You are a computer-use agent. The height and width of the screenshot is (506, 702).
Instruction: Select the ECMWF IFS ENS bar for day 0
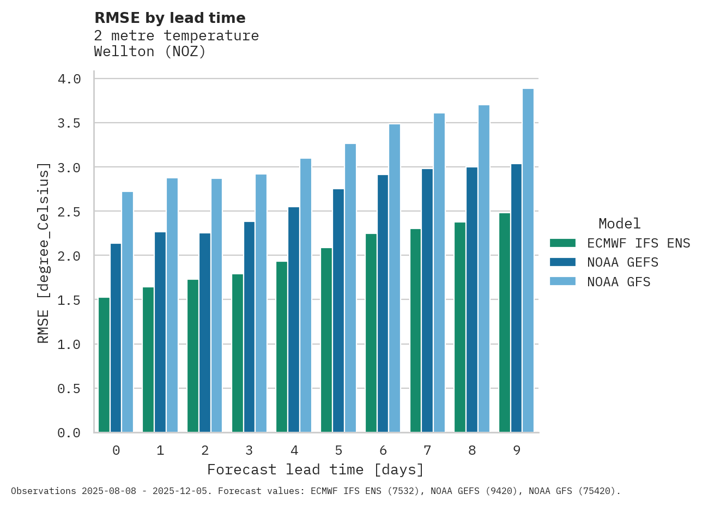(104, 365)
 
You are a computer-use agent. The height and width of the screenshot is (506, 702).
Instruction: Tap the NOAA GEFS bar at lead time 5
(338, 311)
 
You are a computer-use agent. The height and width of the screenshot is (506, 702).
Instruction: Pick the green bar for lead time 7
(416, 330)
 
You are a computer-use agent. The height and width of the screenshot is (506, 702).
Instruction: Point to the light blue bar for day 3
(261, 303)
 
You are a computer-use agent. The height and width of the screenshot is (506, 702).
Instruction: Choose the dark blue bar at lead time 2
(205, 333)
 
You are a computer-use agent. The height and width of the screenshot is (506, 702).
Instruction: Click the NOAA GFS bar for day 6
(395, 278)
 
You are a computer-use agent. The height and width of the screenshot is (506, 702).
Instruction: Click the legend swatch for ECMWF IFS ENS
(562, 243)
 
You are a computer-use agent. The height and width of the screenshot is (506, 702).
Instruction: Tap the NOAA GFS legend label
(619, 282)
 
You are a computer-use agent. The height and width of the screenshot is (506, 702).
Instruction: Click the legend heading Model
(619, 224)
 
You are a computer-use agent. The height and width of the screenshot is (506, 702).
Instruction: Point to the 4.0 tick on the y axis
(69, 79)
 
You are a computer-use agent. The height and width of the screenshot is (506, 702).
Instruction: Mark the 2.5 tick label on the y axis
(69, 212)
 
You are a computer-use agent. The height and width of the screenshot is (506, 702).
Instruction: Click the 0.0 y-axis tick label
(69, 433)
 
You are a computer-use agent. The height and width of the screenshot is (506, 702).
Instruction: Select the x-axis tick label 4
(294, 450)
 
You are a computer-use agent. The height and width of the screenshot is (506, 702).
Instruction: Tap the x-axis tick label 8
(472, 450)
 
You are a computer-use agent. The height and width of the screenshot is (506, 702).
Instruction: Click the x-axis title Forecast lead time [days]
(315, 469)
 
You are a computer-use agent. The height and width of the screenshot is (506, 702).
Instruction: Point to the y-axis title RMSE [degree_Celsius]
(44, 253)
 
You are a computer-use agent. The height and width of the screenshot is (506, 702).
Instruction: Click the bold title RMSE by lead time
(170, 18)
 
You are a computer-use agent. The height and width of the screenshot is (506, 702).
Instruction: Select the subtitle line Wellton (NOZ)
(150, 52)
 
